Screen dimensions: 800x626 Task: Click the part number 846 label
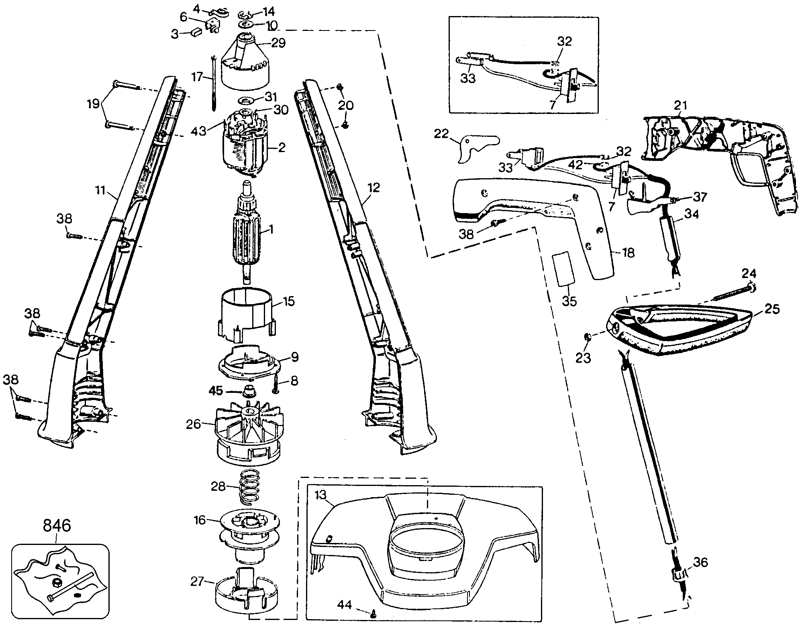tap(57, 525)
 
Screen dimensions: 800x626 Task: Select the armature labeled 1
tap(246, 233)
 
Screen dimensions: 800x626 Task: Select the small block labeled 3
tap(196, 32)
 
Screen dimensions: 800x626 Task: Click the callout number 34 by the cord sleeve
tap(691, 215)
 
